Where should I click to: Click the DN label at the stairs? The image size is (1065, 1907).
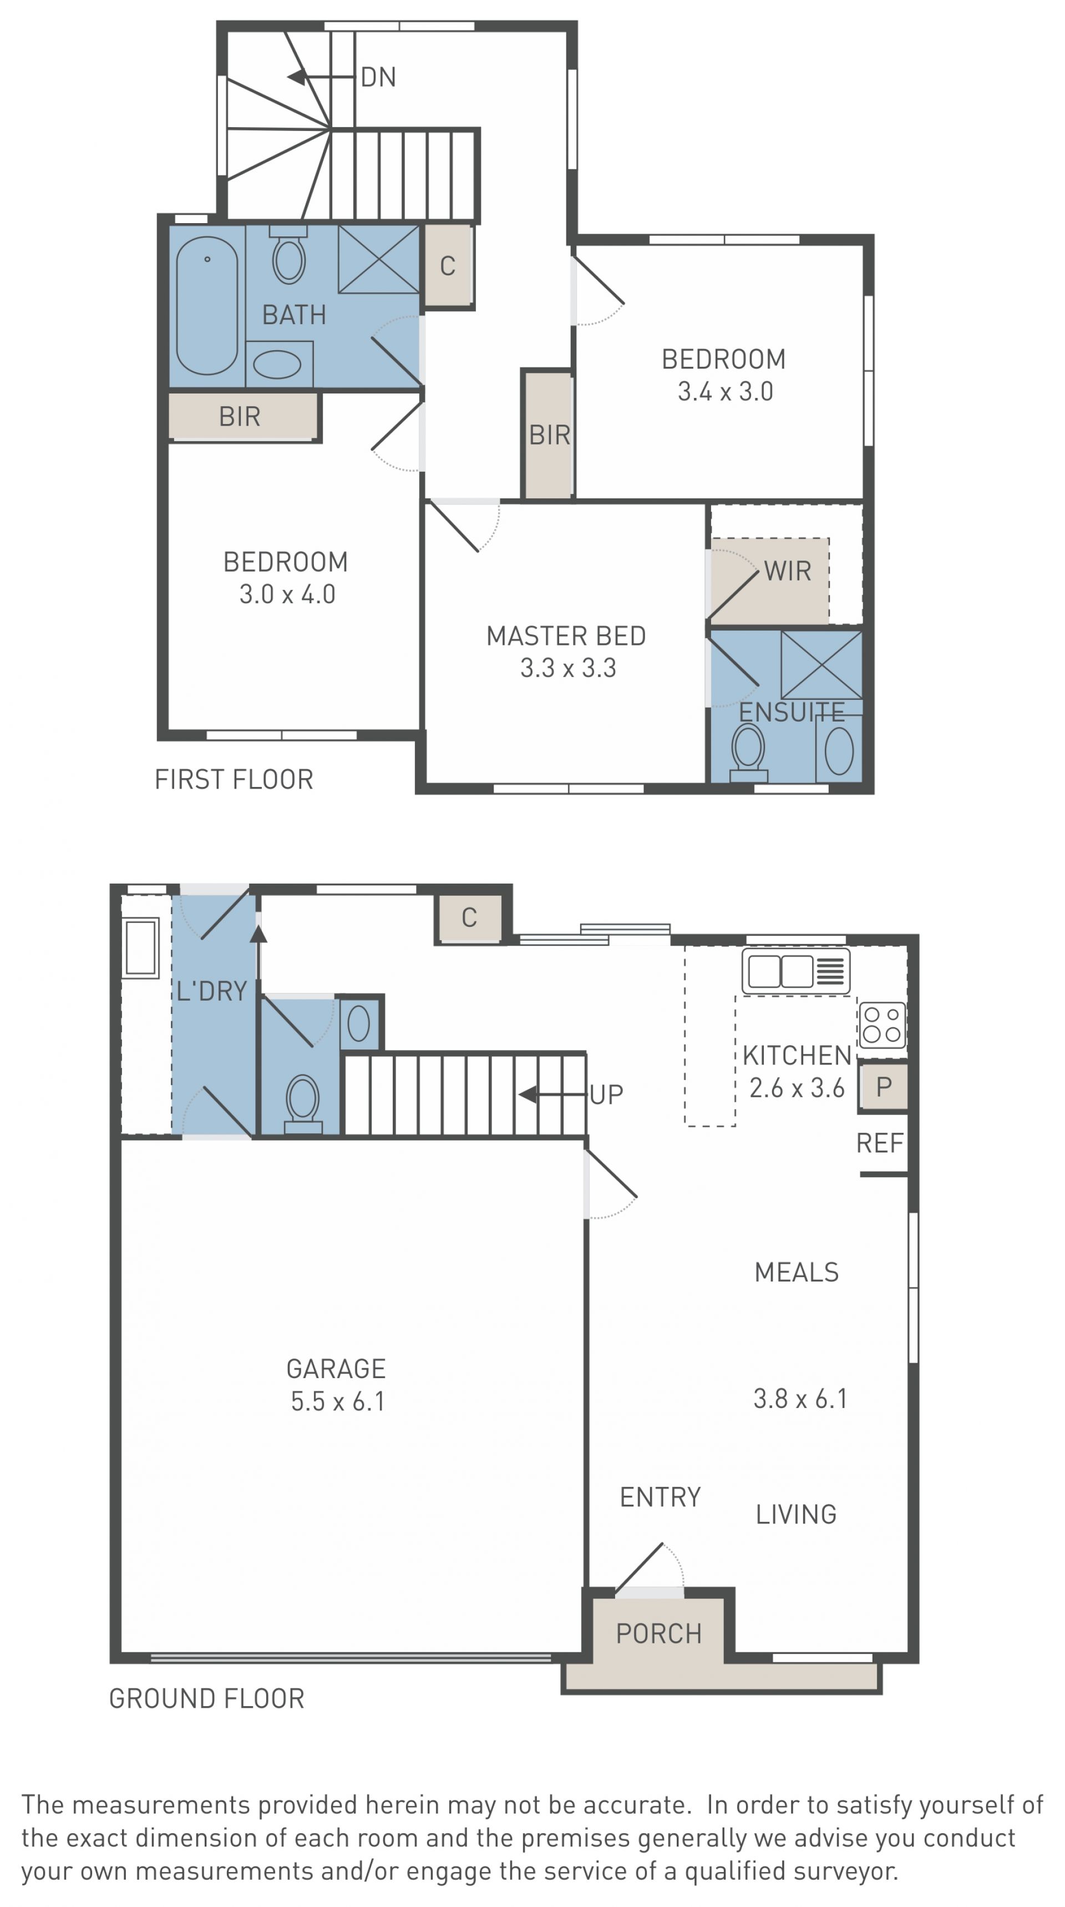(x=378, y=77)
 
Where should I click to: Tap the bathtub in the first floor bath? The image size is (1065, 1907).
(x=207, y=306)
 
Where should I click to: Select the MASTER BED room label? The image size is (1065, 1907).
(x=566, y=636)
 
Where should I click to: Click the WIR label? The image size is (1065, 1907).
(x=788, y=571)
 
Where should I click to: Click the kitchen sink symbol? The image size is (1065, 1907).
(x=795, y=971)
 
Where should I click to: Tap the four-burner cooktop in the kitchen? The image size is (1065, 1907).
(x=882, y=1025)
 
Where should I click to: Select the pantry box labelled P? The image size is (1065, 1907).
(x=884, y=1087)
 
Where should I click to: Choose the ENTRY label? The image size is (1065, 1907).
(x=660, y=1497)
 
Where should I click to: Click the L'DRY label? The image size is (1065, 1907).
(x=212, y=991)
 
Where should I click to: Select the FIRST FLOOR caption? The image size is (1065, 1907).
(x=234, y=780)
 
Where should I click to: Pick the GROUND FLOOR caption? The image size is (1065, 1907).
(x=206, y=1698)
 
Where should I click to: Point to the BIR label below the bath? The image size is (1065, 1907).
(x=240, y=417)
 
